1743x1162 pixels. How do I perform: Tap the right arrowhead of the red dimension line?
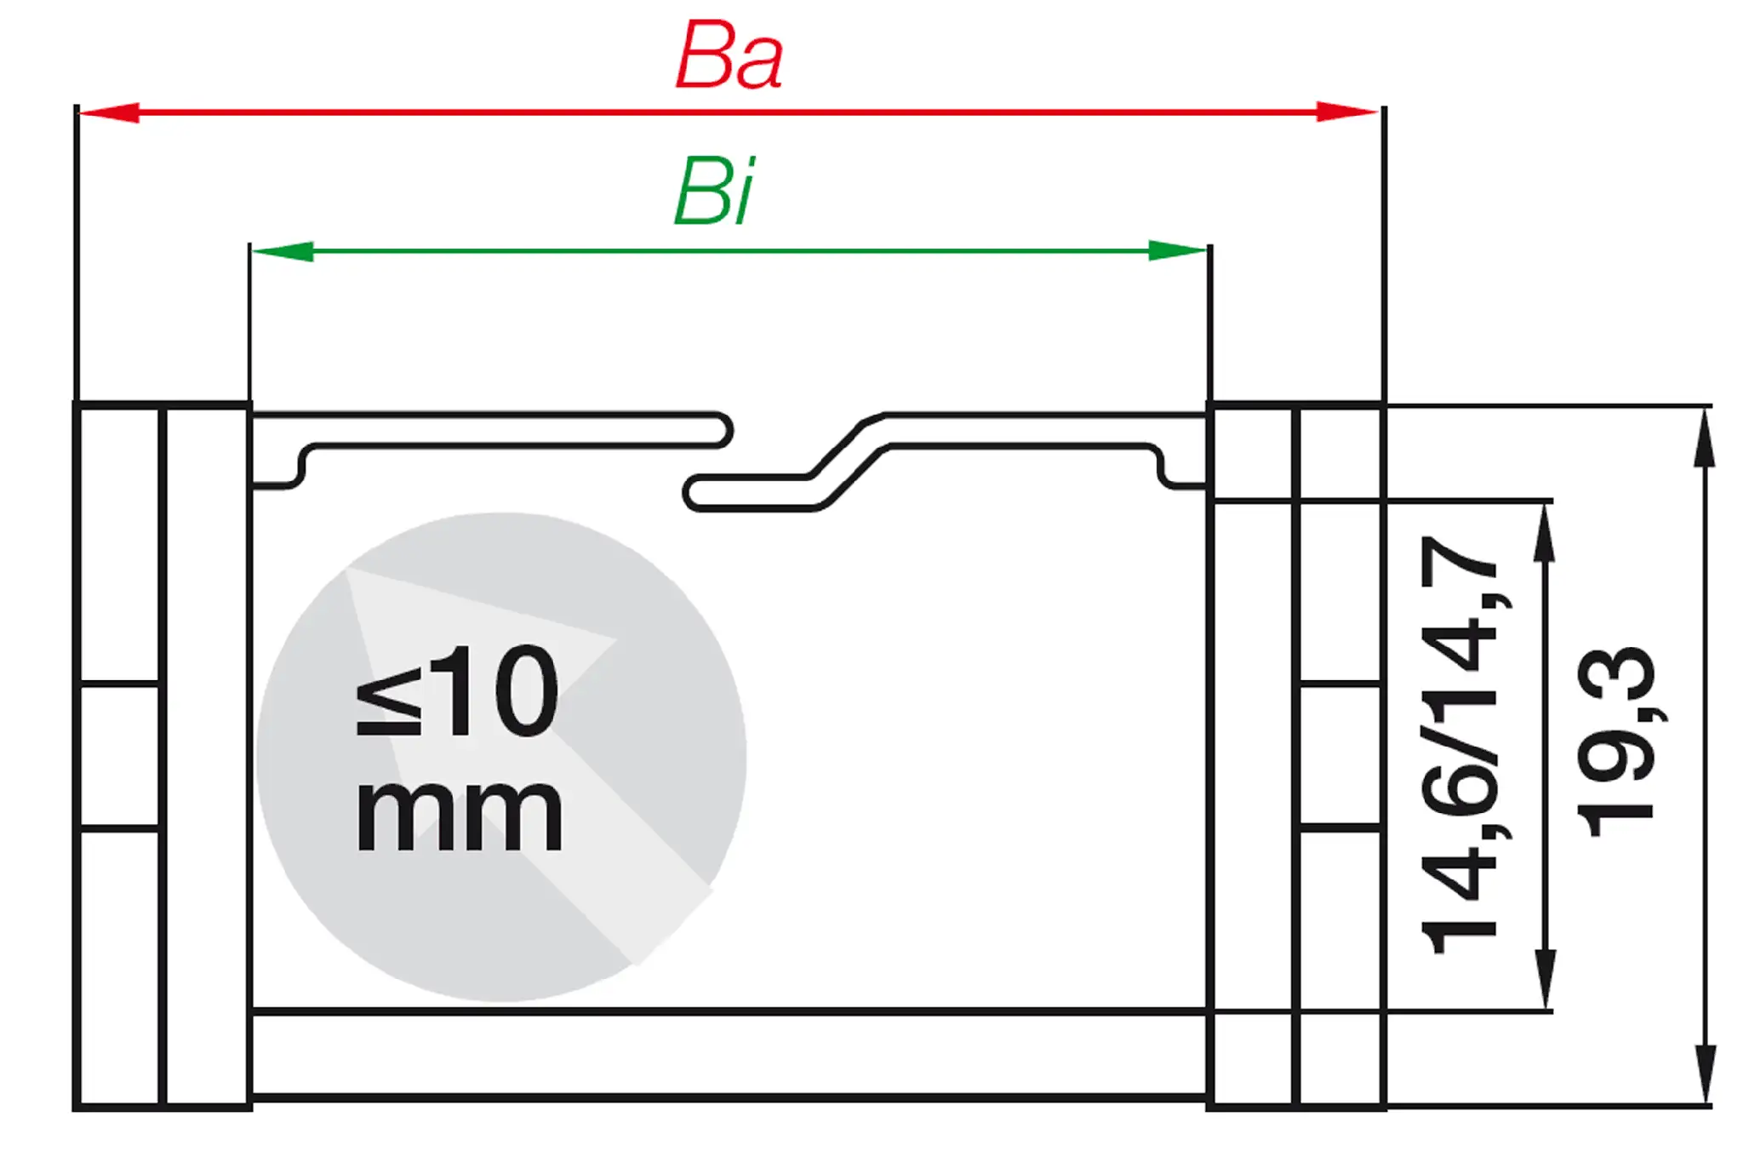point(1346,112)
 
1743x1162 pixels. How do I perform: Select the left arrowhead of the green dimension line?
point(283,251)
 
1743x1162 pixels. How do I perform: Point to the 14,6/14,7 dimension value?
point(1459,745)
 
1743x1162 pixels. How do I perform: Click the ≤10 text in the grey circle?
point(457,690)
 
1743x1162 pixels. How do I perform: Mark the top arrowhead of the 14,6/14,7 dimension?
point(1545,531)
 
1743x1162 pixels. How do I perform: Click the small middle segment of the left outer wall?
point(120,755)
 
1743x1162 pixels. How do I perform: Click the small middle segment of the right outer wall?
point(1340,755)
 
